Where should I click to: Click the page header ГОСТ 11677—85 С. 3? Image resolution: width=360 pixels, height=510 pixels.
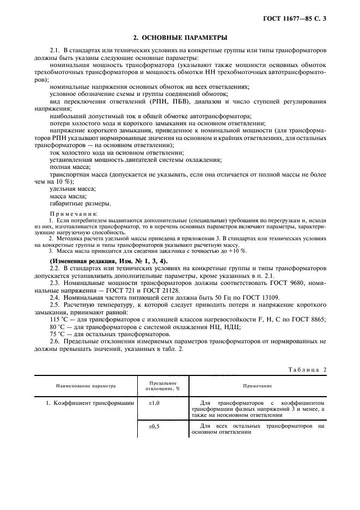(298, 18)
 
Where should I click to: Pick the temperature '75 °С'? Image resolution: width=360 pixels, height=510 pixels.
(57, 335)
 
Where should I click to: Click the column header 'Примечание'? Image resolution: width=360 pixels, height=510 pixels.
(258, 385)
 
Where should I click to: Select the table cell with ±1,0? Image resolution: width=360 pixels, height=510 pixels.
(155, 404)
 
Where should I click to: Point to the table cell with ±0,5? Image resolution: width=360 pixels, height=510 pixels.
(155, 427)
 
